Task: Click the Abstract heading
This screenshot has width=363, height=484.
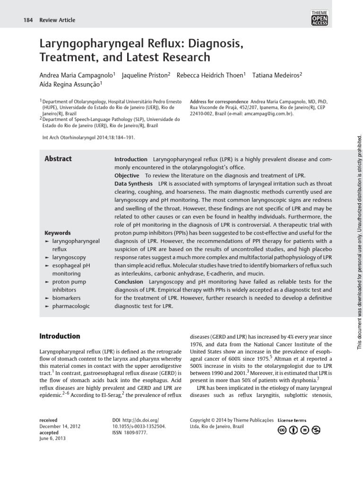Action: click(x=58, y=159)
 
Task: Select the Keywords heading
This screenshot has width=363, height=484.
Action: click(x=58, y=233)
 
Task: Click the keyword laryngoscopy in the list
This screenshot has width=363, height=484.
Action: click(x=69, y=257)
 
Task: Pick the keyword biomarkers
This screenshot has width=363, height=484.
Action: click(x=66, y=298)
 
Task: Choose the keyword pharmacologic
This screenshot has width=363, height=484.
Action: click(x=71, y=306)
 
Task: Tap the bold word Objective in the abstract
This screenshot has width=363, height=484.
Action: click(x=127, y=175)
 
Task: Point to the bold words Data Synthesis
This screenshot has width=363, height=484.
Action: click(x=133, y=183)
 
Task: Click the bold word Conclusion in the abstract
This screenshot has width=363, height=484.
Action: click(x=129, y=282)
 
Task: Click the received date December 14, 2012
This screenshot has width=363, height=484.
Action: click(x=60, y=426)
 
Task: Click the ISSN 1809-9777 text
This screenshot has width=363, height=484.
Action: click(x=132, y=432)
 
